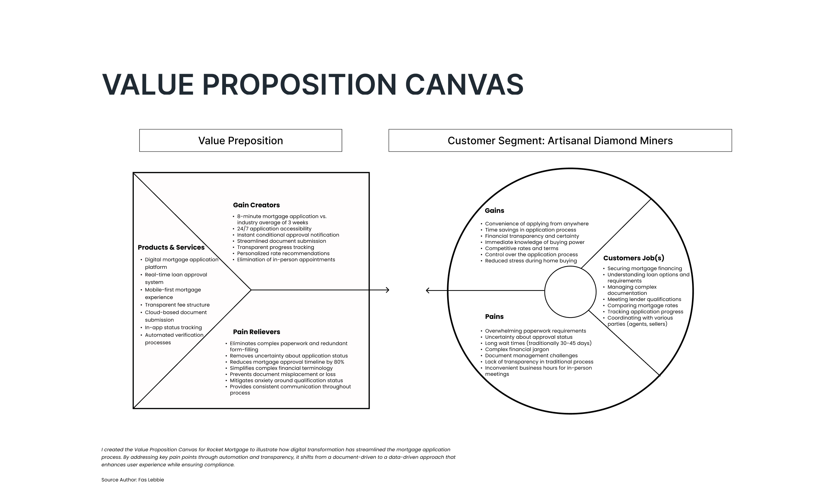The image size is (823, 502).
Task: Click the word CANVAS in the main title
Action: pyautogui.click(x=464, y=84)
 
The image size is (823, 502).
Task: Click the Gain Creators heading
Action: pyautogui.click(x=256, y=205)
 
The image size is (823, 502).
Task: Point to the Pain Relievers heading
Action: pyautogui.click(x=257, y=332)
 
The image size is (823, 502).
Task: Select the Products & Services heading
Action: pyautogui.click(x=171, y=248)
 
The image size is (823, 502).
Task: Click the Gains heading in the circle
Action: pyautogui.click(x=494, y=211)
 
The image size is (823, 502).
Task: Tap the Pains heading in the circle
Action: pyautogui.click(x=494, y=316)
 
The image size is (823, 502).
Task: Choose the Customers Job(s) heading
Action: pyautogui.click(x=634, y=258)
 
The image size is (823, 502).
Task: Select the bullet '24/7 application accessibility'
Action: pyautogui.click(x=274, y=229)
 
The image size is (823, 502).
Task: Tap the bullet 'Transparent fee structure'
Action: pyautogui.click(x=177, y=305)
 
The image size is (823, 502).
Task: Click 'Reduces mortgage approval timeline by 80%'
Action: pyautogui.click(x=287, y=362)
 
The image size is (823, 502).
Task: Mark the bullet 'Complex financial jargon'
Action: pyautogui.click(x=517, y=349)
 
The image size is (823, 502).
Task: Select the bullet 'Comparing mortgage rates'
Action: pyautogui.click(x=643, y=306)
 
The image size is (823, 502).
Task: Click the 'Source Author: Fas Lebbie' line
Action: pyautogui.click(x=133, y=480)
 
